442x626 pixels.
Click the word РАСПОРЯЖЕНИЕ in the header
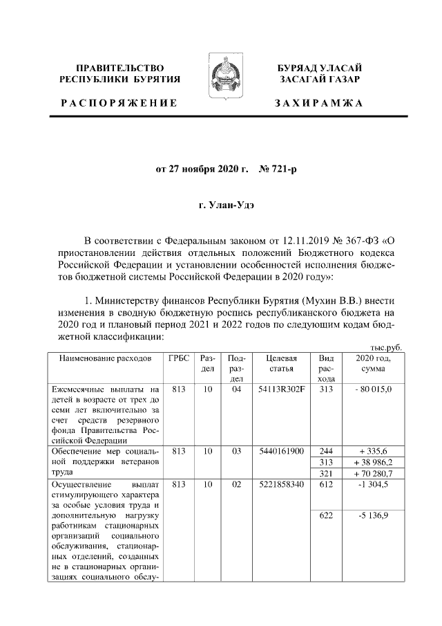[x=118, y=103]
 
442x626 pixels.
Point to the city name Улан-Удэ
[x=221, y=205]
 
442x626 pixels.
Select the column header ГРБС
[x=180, y=358]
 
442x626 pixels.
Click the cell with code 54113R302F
[x=281, y=390]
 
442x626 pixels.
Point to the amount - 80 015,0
[x=374, y=390]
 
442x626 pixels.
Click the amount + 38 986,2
[x=374, y=461]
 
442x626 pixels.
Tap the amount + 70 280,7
[x=374, y=473]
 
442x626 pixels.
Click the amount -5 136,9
[x=374, y=515]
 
